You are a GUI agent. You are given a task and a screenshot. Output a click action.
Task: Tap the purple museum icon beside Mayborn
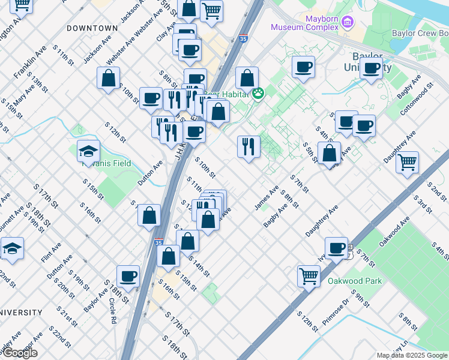[347, 23]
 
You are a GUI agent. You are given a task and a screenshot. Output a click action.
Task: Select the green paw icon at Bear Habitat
[258, 94]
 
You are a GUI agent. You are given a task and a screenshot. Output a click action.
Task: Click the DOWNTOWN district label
[92, 28]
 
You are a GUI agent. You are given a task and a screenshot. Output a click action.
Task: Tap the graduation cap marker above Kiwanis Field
[88, 151]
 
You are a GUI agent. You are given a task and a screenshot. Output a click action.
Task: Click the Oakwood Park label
[351, 281]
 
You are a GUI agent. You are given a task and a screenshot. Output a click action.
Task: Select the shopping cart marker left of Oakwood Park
[309, 276]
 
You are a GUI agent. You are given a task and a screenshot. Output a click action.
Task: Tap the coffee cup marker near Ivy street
[336, 247]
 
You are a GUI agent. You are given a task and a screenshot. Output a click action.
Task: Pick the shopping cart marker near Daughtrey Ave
[407, 161]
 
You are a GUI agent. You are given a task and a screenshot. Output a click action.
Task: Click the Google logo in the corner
[19, 353]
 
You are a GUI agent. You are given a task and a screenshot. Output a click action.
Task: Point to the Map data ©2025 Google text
[411, 355]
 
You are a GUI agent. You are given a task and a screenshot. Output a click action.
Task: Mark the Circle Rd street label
[112, 308]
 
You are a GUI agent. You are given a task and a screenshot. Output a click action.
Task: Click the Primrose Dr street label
[335, 311]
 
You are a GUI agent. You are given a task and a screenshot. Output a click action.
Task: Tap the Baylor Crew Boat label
[420, 34]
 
